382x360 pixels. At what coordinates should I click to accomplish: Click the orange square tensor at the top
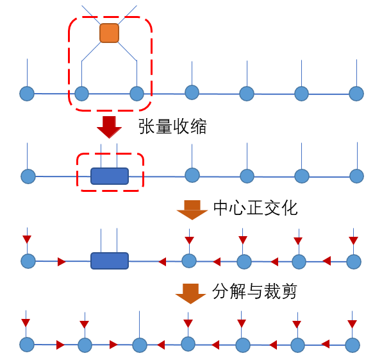point(109,33)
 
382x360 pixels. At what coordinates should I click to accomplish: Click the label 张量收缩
point(172,126)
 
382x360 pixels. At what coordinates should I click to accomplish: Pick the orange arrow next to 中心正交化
point(192,210)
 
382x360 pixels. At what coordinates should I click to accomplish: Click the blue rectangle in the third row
point(110,261)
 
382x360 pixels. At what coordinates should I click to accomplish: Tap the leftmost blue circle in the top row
point(27,94)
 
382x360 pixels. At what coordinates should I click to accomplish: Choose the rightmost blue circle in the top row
point(356,94)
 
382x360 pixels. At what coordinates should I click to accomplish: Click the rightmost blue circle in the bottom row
point(352,345)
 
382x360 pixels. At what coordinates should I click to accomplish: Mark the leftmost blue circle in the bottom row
point(26,345)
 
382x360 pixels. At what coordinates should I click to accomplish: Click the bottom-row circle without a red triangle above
point(140,345)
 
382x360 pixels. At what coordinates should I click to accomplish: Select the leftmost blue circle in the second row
point(28,176)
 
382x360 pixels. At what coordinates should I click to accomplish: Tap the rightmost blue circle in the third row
point(353,261)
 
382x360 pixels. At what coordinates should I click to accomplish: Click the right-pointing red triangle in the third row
point(62,261)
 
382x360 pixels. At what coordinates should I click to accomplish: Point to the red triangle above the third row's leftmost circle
point(26,239)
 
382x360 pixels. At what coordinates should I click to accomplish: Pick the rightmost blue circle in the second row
point(356,176)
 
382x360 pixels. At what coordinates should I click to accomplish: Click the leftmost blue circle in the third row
point(28,261)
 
